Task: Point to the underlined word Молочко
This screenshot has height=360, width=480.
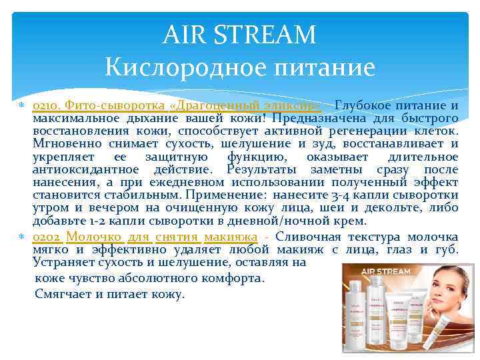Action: [x=94, y=237]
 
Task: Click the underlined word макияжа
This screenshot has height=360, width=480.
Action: [x=231, y=237]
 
